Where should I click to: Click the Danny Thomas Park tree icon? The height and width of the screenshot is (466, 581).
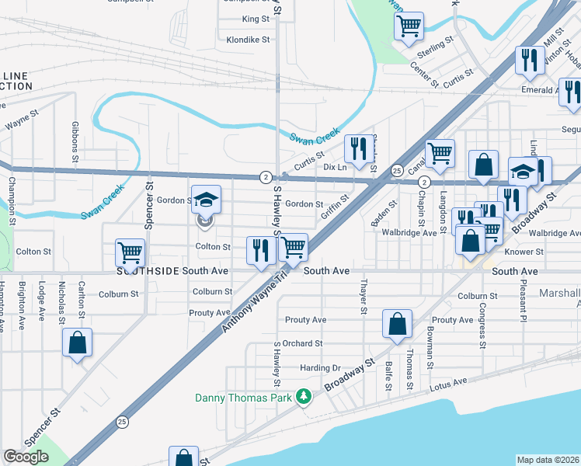click(304, 398)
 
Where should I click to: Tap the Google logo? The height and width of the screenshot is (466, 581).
click(26, 457)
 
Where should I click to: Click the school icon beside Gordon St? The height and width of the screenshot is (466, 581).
click(207, 200)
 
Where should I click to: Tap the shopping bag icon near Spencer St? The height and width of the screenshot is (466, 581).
click(78, 343)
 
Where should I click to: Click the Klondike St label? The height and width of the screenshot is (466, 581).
click(248, 39)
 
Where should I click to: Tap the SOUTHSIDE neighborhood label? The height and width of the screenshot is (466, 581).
click(148, 271)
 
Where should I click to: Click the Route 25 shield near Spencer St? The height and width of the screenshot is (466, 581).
click(123, 423)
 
